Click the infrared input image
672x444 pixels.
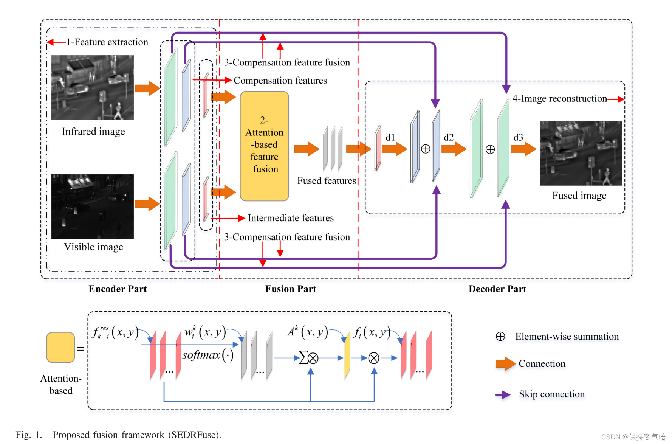pyautogui.click(x=93, y=87)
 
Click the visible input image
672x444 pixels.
pyautogui.click(x=93, y=206)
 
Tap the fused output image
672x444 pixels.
pyautogui.click(x=581, y=153)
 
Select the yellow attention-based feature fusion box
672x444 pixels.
pyautogui.click(x=265, y=146)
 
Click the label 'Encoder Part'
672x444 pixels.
pyautogui.click(x=118, y=289)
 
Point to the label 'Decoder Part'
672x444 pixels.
pyautogui.click(x=497, y=289)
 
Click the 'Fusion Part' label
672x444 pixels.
pyautogui.click(x=291, y=289)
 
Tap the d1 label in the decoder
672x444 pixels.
pyautogui.click(x=390, y=137)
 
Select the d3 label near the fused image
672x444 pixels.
pyautogui.click(x=518, y=137)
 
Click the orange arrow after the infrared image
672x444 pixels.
pyautogui.click(x=147, y=88)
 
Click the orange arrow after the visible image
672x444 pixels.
pyautogui.click(x=147, y=204)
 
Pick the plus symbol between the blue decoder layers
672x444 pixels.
pyautogui.click(x=426, y=149)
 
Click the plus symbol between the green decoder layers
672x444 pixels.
pyautogui.click(x=490, y=149)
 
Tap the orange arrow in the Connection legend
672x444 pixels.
pyautogui.click(x=505, y=364)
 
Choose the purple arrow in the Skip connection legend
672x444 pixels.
pyautogui.click(x=503, y=395)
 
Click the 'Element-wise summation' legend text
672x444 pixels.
pyautogui.click(x=567, y=337)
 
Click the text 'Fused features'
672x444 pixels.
pyautogui.click(x=327, y=181)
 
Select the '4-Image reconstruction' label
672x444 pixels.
pyautogui.click(x=559, y=99)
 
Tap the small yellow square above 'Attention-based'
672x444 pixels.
pyautogui.click(x=60, y=348)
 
